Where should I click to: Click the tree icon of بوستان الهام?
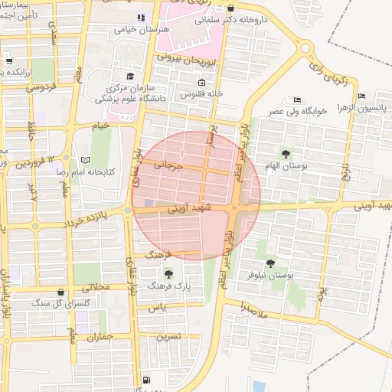pyautogui.click(x=287, y=154)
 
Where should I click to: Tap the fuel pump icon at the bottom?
pyautogui.click(x=146, y=381)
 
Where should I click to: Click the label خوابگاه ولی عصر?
pyautogui.click(x=299, y=111)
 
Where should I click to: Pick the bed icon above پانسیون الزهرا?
pyautogui.click(x=361, y=96)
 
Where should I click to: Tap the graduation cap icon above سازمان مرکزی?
pyautogui.click(x=130, y=77)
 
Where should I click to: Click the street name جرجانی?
pyautogui.click(x=168, y=165)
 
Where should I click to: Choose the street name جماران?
pyautogui.click(x=100, y=336)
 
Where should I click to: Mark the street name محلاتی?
pyautogui.click(x=96, y=288)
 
